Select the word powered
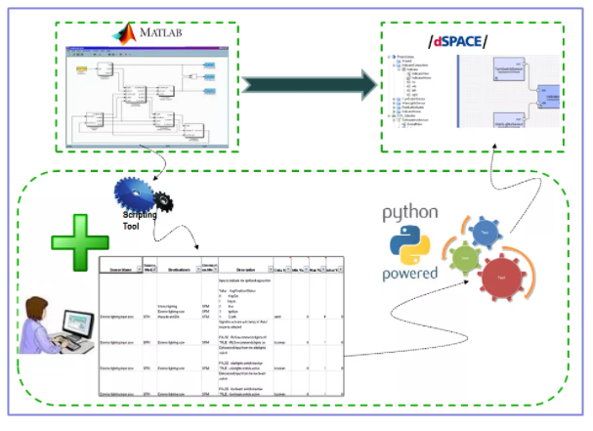pos(410,275)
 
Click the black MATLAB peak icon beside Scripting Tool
pos(167,202)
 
